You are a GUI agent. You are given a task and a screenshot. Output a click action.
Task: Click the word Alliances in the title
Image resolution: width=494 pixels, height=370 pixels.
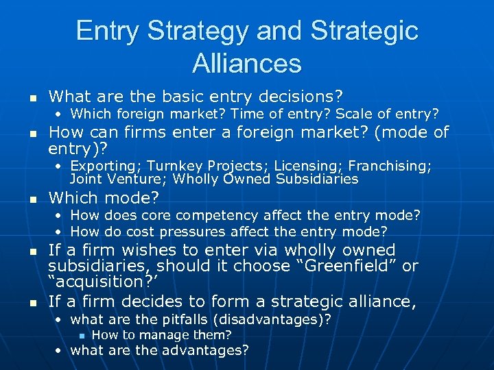247,63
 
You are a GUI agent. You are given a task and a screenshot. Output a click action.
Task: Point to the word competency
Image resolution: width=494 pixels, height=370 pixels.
215,215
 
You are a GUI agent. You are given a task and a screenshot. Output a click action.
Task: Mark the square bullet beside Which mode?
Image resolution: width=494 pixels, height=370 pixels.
31,199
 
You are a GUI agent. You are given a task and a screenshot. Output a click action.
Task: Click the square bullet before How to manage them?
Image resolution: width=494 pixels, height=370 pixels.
81,336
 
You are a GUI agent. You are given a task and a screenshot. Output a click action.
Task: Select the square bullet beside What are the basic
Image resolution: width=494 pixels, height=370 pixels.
31,97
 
